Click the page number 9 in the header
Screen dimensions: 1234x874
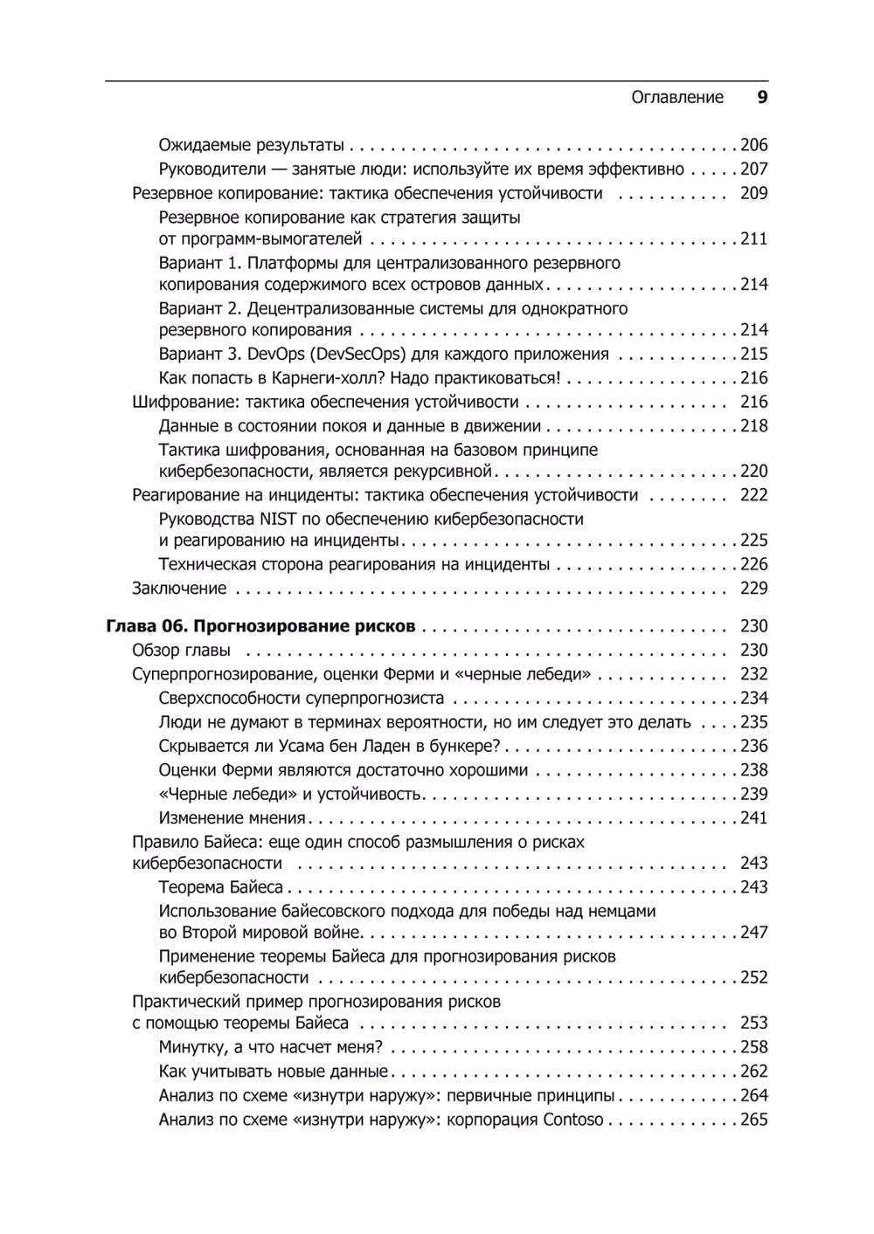tap(761, 98)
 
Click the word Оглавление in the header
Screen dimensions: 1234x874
tap(677, 98)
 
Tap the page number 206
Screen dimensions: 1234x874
tap(753, 146)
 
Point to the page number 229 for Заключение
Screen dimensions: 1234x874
tap(753, 589)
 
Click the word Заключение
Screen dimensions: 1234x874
tap(179, 589)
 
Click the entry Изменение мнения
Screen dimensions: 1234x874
tap(232, 818)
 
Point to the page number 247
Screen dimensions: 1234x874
tap(753, 933)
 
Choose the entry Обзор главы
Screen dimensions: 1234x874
tap(182, 651)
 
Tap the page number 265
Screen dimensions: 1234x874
tap(753, 1120)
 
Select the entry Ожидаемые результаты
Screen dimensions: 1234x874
tap(252, 146)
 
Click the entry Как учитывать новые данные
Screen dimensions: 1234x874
tap(274, 1072)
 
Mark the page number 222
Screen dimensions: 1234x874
tap(753, 495)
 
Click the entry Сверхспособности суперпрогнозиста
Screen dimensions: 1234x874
tap(302, 699)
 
